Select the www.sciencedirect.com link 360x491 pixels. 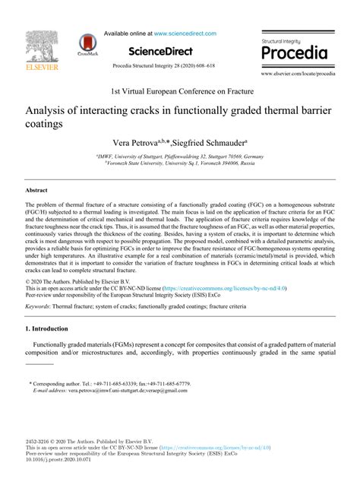(185, 33)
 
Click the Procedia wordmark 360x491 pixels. (294, 53)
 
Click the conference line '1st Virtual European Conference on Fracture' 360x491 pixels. (180, 90)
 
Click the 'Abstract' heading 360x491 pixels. (37, 191)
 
